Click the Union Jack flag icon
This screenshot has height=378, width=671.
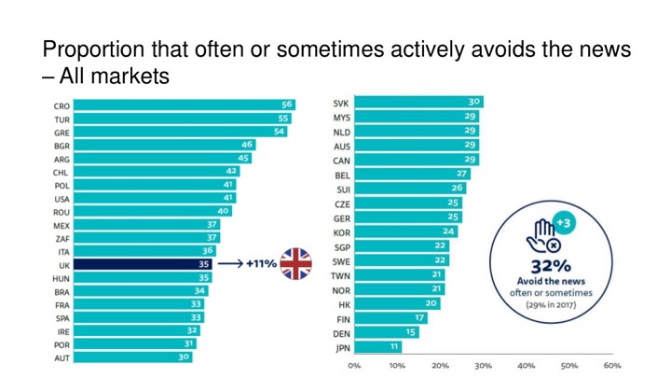[297, 264]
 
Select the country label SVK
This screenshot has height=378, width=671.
[341, 103]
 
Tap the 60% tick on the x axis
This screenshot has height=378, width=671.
[612, 365]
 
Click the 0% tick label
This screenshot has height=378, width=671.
[354, 365]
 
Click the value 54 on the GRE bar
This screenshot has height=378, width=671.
[279, 132]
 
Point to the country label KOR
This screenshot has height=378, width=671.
[342, 231]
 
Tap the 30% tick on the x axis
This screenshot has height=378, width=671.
[483, 365]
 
